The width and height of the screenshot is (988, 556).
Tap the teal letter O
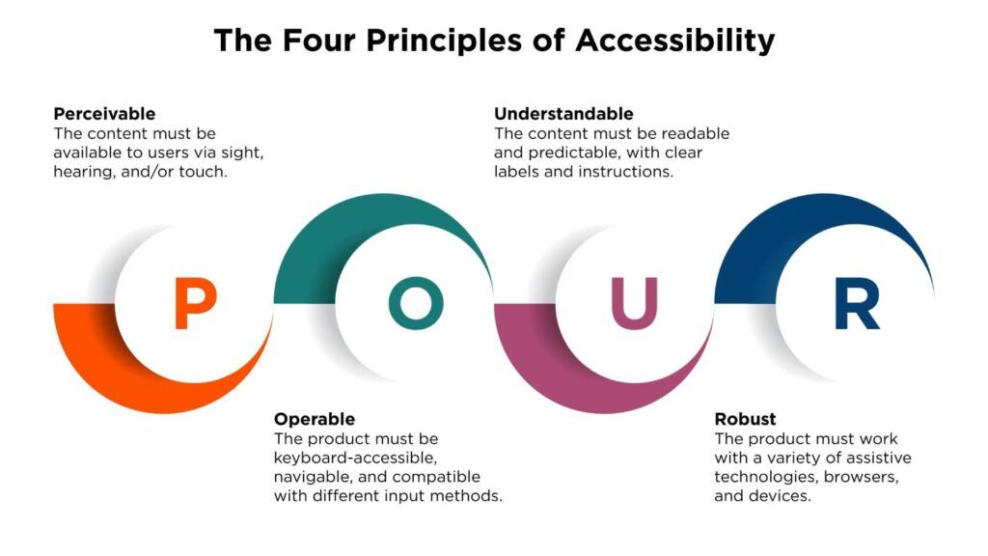(x=416, y=303)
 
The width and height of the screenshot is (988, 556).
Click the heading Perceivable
(x=104, y=113)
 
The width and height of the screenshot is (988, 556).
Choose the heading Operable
(x=315, y=419)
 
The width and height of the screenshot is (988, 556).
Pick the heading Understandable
(x=564, y=113)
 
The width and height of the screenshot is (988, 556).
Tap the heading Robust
(x=745, y=419)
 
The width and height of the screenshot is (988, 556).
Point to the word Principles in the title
(x=450, y=41)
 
